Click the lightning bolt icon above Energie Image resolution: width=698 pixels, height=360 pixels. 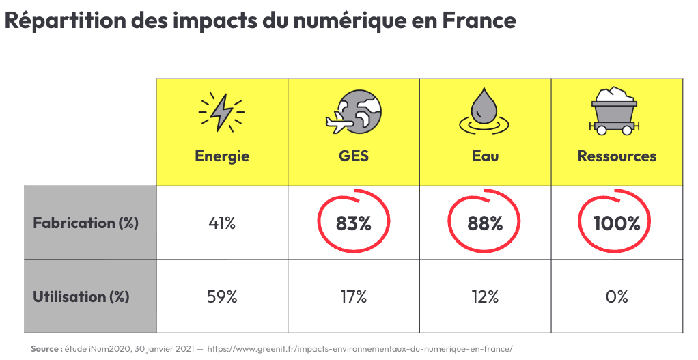[222, 113]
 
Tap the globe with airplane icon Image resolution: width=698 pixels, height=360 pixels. [353, 113]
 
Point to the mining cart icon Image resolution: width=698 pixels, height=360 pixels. [616, 110]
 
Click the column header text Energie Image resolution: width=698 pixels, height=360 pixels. [222, 156]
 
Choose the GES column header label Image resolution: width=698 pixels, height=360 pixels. [354, 156]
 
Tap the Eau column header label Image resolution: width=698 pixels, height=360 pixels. [486, 156]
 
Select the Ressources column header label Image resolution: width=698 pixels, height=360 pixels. [617, 156]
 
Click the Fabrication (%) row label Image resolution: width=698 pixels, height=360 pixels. [85, 223]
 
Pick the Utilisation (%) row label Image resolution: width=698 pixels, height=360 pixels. [81, 296]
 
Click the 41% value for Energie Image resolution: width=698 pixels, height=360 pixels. [222, 223]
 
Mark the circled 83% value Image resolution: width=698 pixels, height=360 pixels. [354, 223]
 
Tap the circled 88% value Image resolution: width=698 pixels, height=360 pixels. [485, 223]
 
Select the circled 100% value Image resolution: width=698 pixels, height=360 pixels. [617, 223]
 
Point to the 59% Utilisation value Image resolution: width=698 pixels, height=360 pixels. [222, 296]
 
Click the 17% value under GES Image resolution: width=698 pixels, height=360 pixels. [353, 296]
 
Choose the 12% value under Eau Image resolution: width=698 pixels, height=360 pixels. [485, 296]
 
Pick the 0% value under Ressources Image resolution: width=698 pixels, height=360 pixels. [617, 296]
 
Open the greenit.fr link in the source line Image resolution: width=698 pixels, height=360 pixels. [359, 349]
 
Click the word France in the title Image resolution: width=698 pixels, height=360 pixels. [479, 20]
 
